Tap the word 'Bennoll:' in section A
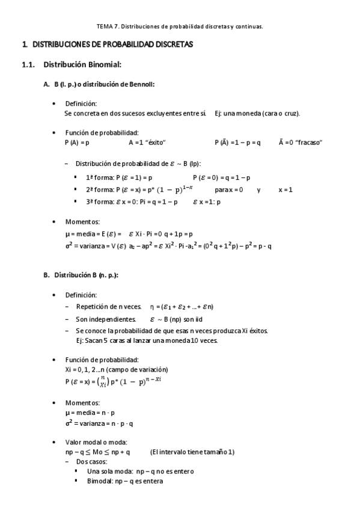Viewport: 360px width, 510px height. [142, 84]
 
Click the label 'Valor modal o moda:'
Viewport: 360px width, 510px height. [93, 442]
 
